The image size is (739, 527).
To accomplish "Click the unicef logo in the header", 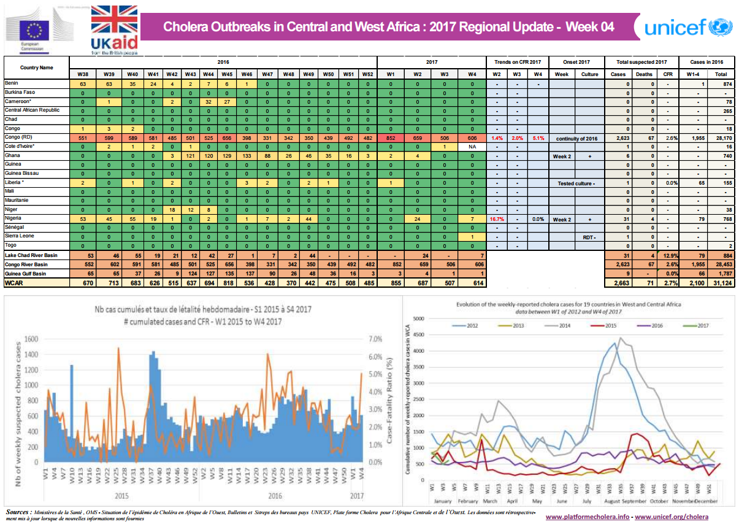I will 685,28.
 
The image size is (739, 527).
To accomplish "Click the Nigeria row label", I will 13,218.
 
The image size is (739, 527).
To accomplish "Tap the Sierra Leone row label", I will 20,236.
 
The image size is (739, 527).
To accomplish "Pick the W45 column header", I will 228,74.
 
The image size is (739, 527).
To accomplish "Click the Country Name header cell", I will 36,67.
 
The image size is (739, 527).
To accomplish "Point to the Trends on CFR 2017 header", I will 517,62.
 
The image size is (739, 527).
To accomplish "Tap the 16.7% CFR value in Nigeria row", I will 496,218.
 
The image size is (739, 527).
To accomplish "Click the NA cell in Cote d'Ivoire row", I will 472,147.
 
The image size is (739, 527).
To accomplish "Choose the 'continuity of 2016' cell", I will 576,137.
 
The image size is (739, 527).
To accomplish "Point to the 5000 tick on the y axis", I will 418,318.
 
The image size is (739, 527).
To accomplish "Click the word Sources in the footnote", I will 18,511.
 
